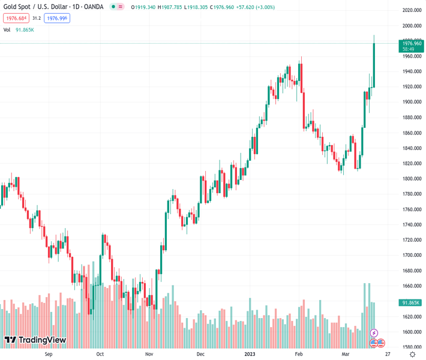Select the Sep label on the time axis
click(x=49, y=355)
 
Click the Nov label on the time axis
click(x=149, y=355)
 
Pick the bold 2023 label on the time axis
click(x=250, y=355)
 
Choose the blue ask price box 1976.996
click(x=57, y=19)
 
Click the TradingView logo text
click(x=41, y=340)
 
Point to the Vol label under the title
click(x=7, y=29)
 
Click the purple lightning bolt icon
click(x=374, y=333)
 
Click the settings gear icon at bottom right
click(x=412, y=355)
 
